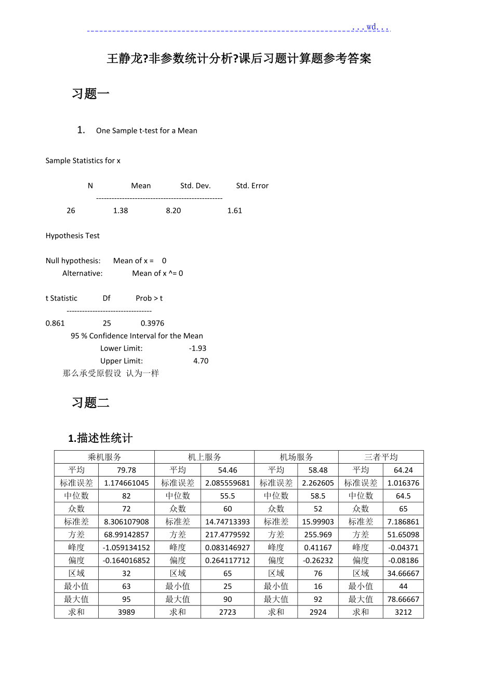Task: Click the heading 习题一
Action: (x=90, y=94)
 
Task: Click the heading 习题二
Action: (x=90, y=403)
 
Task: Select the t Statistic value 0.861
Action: (x=55, y=323)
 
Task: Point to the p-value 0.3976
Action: (x=152, y=323)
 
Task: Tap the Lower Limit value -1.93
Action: (x=197, y=348)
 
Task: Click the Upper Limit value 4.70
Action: (x=201, y=361)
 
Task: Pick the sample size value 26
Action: (x=71, y=211)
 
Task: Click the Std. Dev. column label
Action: (x=195, y=186)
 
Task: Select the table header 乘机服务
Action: (x=104, y=457)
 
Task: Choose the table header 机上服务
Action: (x=204, y=457)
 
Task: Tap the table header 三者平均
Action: (x=381, y=457)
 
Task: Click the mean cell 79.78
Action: (x=126, y=470)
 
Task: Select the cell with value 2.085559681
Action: (x=228, y=483)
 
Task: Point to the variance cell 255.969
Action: (x=318, y=535)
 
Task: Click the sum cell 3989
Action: (x=126, y=612)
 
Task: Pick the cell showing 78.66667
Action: (x=403, y=599)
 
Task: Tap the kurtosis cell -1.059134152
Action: (x=126, y=548)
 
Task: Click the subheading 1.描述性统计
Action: (x=100, y=439)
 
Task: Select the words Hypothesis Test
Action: (x=73, y=236)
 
